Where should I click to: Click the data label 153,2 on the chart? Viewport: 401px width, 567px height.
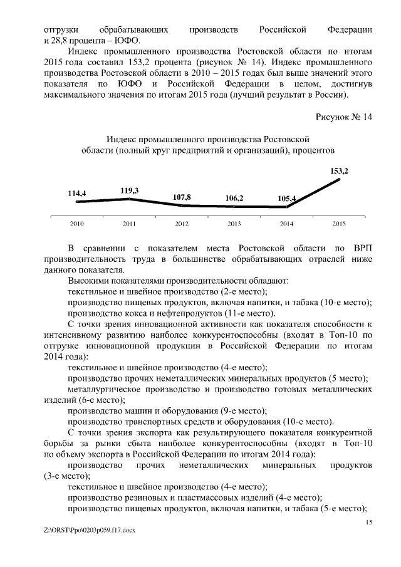click(x=339, y=170)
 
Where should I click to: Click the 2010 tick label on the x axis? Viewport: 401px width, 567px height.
click(x=76, y=224)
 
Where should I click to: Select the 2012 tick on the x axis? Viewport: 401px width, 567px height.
click(x=181, y=224)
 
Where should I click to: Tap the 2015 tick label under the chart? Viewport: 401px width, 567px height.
click(x=339, y=224)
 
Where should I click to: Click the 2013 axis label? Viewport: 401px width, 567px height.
click(x=234, y=224)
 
